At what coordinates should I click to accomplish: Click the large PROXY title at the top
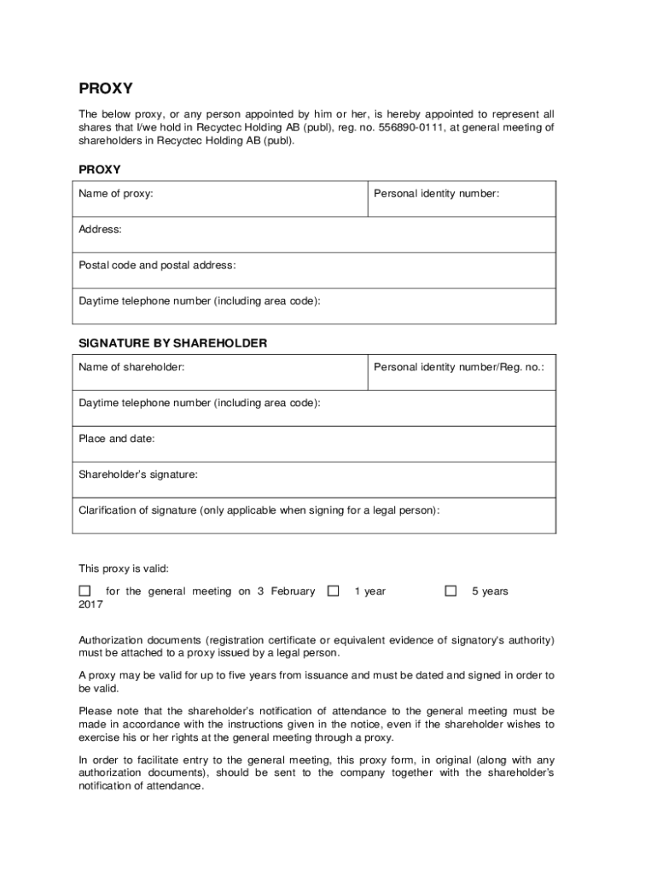point(106,89)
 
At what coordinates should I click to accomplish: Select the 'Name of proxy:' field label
point(116,194)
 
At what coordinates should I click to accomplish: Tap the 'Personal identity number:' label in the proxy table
point(436,194)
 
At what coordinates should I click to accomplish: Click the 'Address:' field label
point(100,230)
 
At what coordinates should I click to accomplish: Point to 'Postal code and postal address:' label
point(157,265)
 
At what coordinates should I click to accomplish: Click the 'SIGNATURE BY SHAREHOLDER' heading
point(173,343)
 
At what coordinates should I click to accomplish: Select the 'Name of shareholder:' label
point(131,367)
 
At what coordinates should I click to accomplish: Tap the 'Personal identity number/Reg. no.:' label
point(459,367)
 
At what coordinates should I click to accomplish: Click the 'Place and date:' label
point(117,439)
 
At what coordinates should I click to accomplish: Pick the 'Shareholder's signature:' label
point(138,475)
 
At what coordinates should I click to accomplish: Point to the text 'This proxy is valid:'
point(124,568)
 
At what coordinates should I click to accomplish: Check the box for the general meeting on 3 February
point(84,591)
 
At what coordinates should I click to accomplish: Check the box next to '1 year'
point(334,591)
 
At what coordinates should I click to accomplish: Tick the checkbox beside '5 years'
point(451,591)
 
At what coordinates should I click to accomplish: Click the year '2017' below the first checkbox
point(91,604)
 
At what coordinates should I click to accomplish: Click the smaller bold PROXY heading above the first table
point(100,170)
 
